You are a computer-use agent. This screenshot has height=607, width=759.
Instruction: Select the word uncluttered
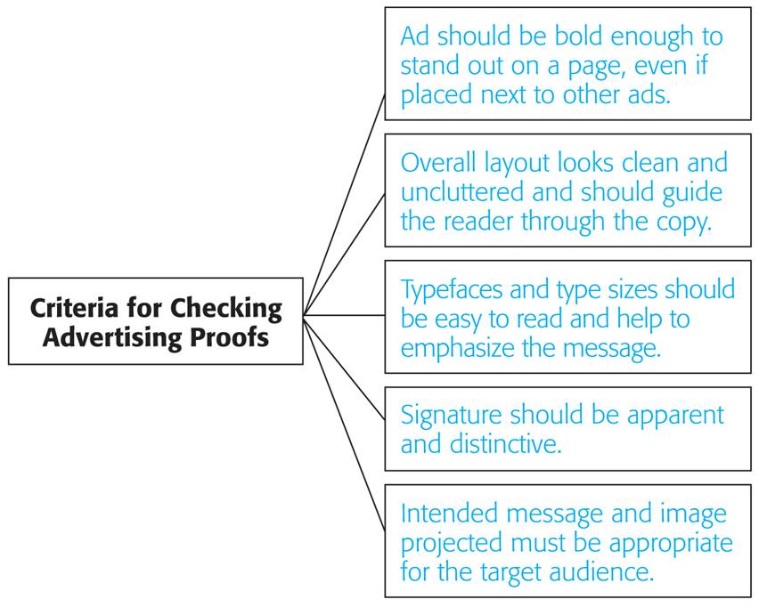(x=462, y=192)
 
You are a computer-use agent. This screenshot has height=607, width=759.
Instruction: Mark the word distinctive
(x=506, y=444)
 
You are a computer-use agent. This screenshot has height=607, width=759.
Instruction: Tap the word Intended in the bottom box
(x=449, y=514)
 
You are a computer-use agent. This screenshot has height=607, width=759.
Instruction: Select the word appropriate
(x=671, y=544)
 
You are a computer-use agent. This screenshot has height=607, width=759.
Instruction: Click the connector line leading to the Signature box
(x=344, y=368)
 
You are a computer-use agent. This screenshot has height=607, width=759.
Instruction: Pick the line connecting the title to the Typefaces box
(x=344, y=315)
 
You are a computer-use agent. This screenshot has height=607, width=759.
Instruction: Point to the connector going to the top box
(x=344, y=205)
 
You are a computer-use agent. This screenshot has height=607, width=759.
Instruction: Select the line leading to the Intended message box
(x=344, y=423)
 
